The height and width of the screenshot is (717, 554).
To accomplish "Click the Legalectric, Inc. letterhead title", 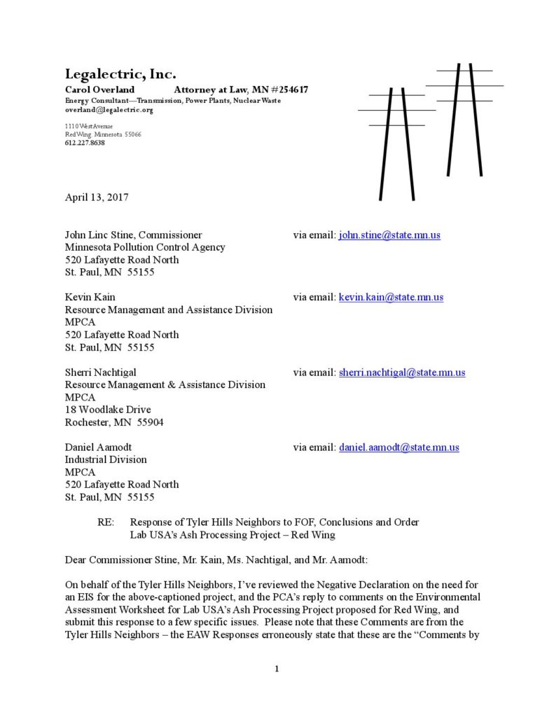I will (120, 74).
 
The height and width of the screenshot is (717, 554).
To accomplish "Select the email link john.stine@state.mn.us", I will (389, 235).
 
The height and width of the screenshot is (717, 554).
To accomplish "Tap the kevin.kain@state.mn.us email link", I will (391, 298).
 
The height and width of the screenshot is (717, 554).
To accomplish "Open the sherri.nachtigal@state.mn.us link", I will (402, 373).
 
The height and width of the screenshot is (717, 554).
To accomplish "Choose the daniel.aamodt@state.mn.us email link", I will (399, 447).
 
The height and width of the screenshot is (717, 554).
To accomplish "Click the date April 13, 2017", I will (97, 197).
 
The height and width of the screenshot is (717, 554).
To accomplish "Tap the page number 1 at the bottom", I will (277, 669).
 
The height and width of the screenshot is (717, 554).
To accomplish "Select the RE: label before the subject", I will (106, 522).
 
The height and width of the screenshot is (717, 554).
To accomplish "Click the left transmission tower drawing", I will (396, 140).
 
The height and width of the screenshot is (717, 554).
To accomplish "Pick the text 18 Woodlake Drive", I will (108, 410).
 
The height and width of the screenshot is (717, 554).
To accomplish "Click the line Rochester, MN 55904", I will (114, 422).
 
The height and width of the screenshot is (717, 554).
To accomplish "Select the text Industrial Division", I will (106, 460).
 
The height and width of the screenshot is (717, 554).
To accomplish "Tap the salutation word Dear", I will (76, 560).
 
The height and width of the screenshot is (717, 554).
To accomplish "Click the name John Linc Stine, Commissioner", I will (134, 235).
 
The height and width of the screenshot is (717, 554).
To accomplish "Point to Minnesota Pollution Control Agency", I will (145, 247).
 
